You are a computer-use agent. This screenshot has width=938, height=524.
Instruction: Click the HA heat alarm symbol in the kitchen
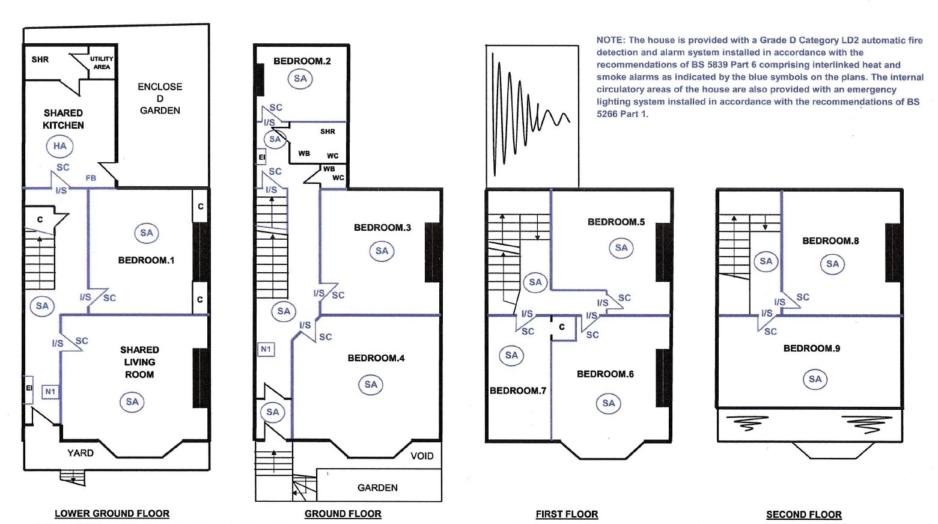(x=59, y=146)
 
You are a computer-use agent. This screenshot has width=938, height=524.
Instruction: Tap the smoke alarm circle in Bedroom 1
(x=147, y=233)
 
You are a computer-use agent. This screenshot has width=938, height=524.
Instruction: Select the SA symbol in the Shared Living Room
(x=132, y=402)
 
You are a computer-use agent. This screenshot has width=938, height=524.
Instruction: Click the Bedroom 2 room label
(x=302, y=61)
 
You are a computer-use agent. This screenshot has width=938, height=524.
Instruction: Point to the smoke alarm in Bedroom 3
(x=382, y=251)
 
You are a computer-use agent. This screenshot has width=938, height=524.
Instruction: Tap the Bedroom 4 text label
(x=376, y=358)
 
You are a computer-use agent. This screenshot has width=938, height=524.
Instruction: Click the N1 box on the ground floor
(x=266, y=349)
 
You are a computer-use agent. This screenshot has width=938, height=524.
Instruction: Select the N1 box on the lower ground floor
(x=50, y=392)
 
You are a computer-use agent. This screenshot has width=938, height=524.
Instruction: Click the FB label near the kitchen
(x=91, y=178)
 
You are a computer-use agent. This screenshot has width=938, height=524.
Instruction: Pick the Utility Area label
(x=102, y=62)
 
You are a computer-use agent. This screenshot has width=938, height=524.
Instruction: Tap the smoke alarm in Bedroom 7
(x=511, y=355)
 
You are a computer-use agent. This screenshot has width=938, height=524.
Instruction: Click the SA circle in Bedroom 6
(x=609, y=403)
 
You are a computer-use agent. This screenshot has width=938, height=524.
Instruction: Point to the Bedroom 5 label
(x=616, y=222)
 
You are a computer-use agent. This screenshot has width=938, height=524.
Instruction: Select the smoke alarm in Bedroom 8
(x=832, y=264)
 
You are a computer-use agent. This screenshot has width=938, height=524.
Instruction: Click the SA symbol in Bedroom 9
(x=815, y=379)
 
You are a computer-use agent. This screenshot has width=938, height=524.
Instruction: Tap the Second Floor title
(x=803, y=514)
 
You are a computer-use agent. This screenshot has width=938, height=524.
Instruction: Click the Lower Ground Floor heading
(x=112, y=514)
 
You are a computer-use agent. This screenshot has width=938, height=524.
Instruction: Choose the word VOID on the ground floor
(x=422, y=456)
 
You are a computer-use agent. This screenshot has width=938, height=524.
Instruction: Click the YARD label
(x=81, y=453)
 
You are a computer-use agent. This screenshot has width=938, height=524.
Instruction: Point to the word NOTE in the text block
(x=610, y=40)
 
